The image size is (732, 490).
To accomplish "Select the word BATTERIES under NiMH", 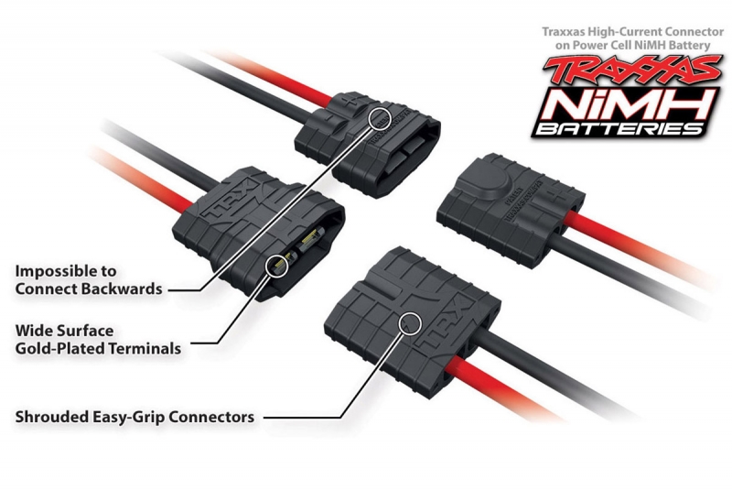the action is [620, 128].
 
